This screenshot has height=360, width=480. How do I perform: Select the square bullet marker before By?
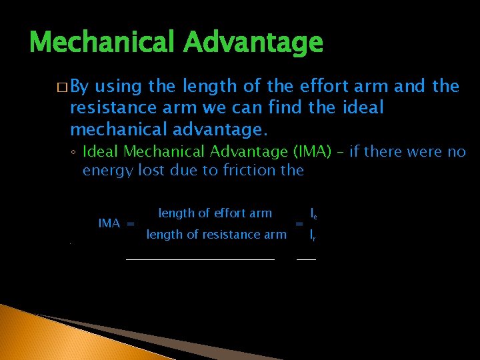(62, 87)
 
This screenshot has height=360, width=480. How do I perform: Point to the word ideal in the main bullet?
(361, 107)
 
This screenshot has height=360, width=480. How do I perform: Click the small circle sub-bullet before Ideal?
(75, 153)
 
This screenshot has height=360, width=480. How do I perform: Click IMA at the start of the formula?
(109, 223)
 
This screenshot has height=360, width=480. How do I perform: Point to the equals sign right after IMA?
(131, 223)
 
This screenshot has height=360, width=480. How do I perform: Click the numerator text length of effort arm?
(215, 213)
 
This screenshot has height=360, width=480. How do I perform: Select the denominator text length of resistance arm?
(216, 234)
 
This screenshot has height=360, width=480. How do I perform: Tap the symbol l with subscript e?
(313, 213)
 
